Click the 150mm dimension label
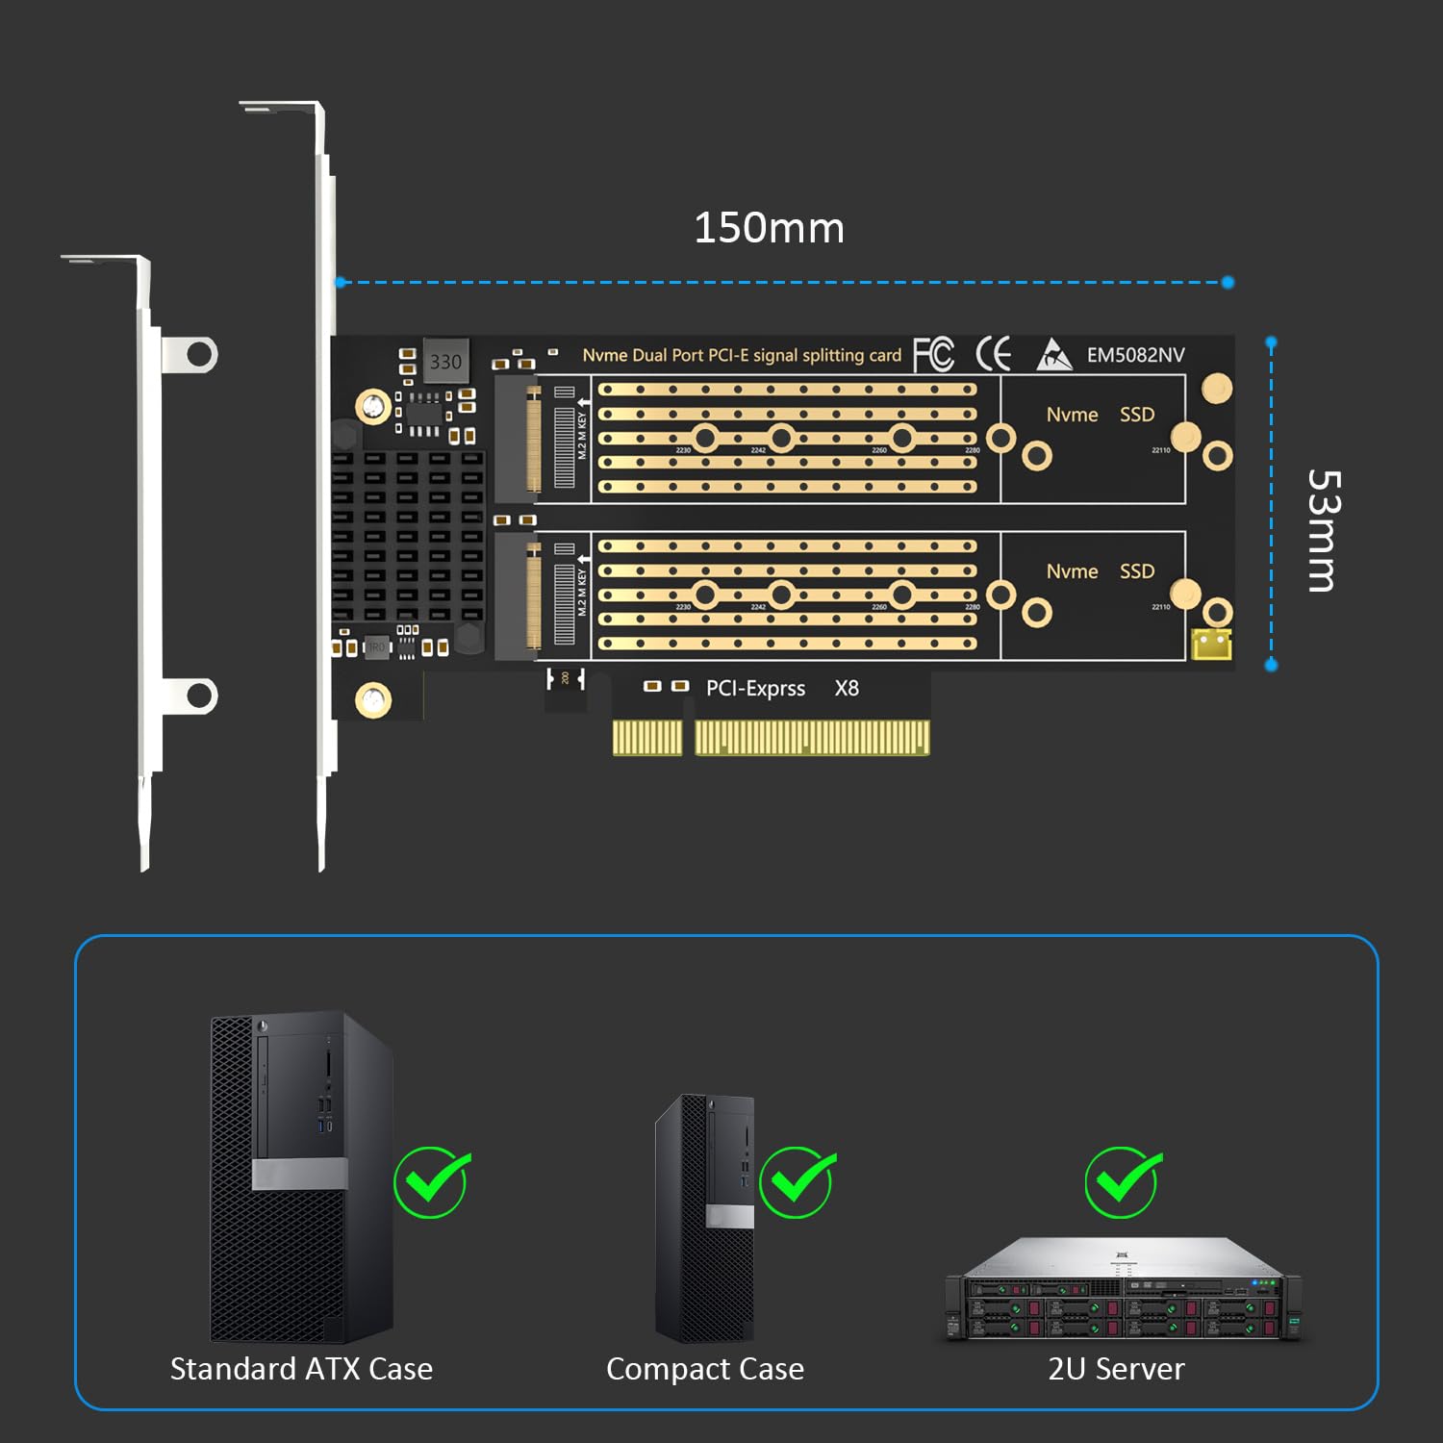[769, 229]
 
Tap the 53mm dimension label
[1324, 530]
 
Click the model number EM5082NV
[1135, 355]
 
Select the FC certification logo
[933, 354]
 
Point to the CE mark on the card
[994, 354]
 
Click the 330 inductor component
[445, 362]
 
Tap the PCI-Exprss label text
[755, 689]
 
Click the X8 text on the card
[847, 689]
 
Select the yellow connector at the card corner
[1211, 644]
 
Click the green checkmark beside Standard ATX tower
[431, 1181]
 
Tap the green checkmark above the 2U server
[1123, 1181]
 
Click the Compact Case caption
[705, 1369]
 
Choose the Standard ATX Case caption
[301, 1369]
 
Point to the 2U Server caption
[1116, 1369]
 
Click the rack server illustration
[1123, 1289]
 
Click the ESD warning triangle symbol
[1054, 355]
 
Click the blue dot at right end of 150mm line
[1228, 282]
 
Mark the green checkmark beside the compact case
[797, 1181]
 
